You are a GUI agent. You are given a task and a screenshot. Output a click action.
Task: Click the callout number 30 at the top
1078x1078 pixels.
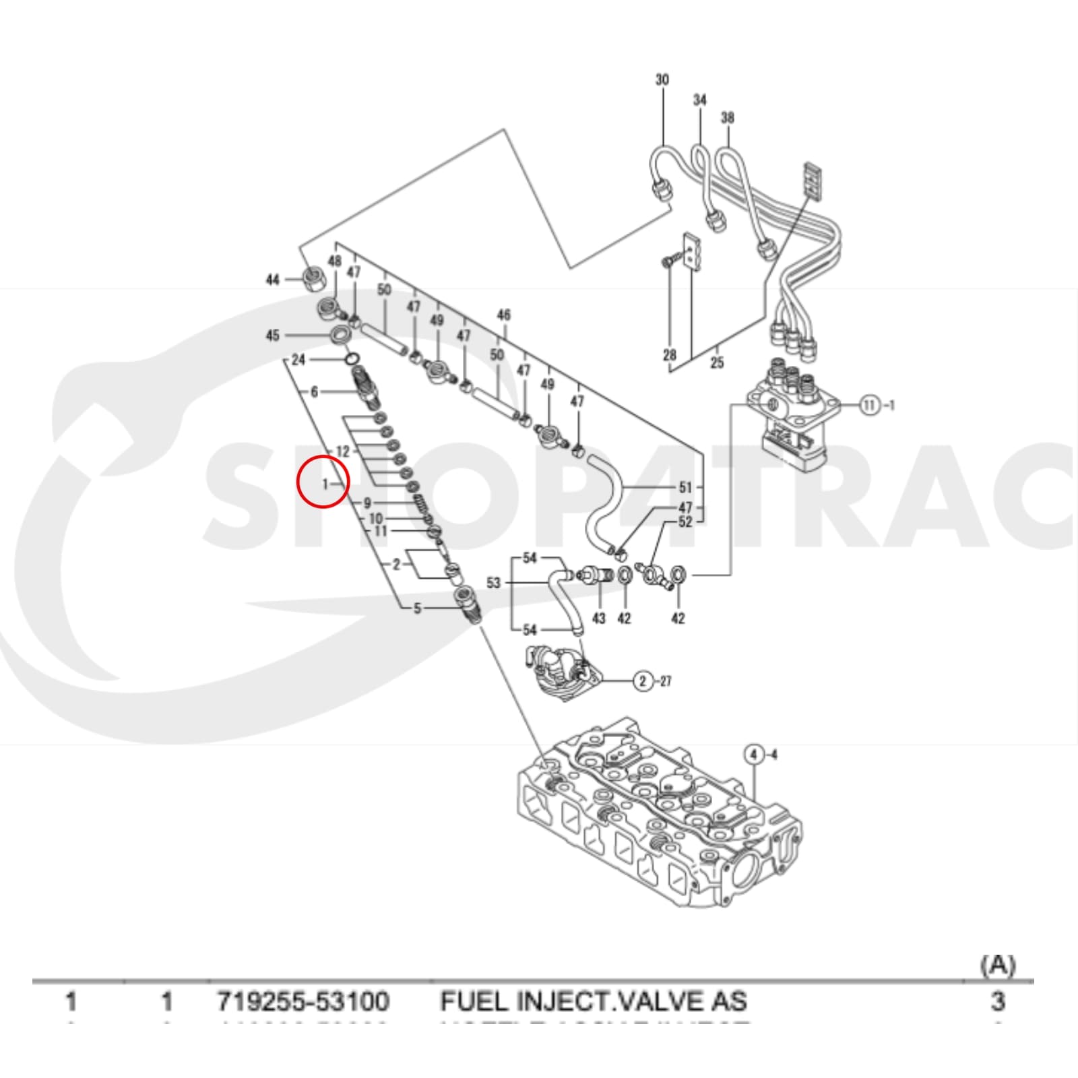tap(662, 80)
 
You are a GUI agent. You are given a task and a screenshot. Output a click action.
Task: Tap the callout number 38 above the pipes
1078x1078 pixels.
tap(727, 118)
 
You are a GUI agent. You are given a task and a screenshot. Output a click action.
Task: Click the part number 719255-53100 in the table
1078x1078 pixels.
tap(303, 1001)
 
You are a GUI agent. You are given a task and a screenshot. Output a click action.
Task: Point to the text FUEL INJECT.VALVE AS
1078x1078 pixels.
tap(594, 1001)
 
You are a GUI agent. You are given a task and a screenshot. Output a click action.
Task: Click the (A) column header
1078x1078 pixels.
tap(997, 965)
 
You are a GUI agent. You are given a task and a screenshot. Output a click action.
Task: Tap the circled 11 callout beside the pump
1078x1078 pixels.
tap(870, 405)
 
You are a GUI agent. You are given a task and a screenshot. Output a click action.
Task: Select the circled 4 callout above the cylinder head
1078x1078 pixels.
tap(754, 754)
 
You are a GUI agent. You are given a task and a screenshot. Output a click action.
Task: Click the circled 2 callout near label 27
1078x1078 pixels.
tap(643, 681)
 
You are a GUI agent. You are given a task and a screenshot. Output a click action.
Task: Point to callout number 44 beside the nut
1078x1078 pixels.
tap(272, 280)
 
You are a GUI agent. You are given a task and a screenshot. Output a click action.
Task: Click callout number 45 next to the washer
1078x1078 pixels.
tap(272, 335)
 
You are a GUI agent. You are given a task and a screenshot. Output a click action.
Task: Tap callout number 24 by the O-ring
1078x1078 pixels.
tap(298, 360)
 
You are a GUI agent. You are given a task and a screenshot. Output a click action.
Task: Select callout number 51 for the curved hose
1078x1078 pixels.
tap(685, 487)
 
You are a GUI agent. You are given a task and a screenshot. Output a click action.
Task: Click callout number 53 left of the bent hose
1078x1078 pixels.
tap(494, 582)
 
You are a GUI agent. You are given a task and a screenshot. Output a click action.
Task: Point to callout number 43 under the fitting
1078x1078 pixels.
tap(598, 618)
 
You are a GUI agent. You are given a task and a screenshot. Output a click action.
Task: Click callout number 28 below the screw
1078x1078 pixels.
tap(669, 355)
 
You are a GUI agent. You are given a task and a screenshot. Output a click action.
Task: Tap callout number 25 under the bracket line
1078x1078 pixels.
tap(717, 362)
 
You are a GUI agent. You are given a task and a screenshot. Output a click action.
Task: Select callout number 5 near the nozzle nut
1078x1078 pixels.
tap(417, 608)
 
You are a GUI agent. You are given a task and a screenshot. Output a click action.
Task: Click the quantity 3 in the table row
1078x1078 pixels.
tap(997, 1001)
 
